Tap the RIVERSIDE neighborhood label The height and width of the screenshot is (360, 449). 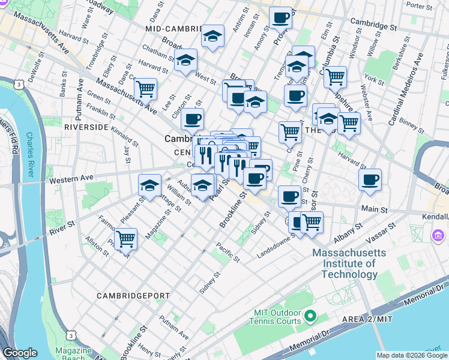point(86,128)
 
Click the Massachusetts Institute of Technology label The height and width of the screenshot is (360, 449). point(345,263)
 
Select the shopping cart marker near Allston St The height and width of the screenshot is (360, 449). point(125,239)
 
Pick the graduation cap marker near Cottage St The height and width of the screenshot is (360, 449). point(149,185)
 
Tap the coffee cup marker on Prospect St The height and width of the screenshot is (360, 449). point(280,18)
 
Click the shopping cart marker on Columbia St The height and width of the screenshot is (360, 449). point(335,77)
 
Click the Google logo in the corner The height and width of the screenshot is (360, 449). point(20,352)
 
